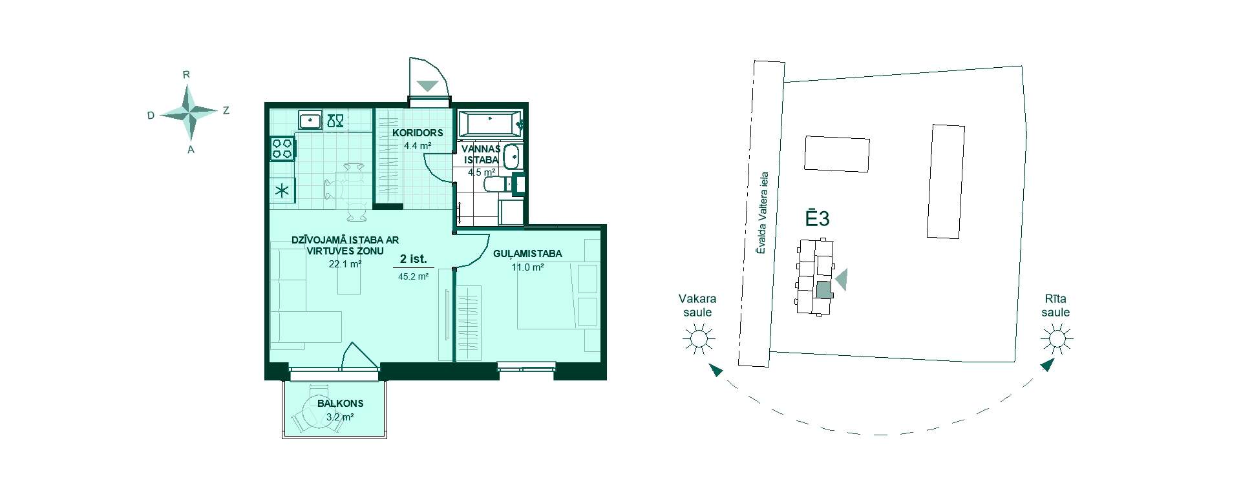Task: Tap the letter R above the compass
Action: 186,74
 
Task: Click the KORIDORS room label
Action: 418,133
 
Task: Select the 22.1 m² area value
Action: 345,263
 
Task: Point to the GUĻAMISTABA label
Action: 527,254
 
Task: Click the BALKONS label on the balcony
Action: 340,404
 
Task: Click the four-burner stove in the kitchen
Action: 282,148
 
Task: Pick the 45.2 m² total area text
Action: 414,276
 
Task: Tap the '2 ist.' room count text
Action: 413,259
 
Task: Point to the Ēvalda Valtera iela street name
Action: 763,212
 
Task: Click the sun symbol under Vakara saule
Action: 698,338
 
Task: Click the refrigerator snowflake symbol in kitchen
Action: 282,191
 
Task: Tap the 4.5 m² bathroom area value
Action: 482,172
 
